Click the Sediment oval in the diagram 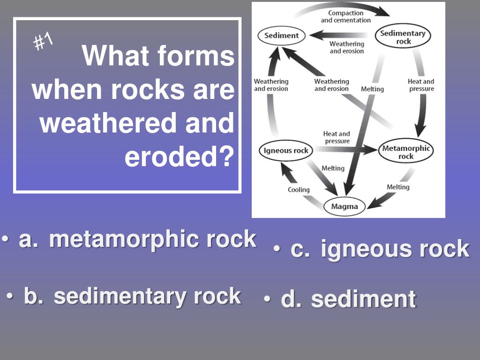click(x=281, y=36)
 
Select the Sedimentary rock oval click(x=403, y=37)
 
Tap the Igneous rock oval click(x=286, y=150)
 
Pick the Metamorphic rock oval click(x=406, y=152)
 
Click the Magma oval click(x=345, y=206)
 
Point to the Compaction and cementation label click(x=345, y=16)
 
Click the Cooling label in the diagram click(x=299, y=190)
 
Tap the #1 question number click(x=43, y=43)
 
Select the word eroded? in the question click(x=179, y=157)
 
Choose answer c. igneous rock click(x=380, y=249)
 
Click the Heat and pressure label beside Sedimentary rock click(x=421, y=85)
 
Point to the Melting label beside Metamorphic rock click(x=398, y=187)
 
